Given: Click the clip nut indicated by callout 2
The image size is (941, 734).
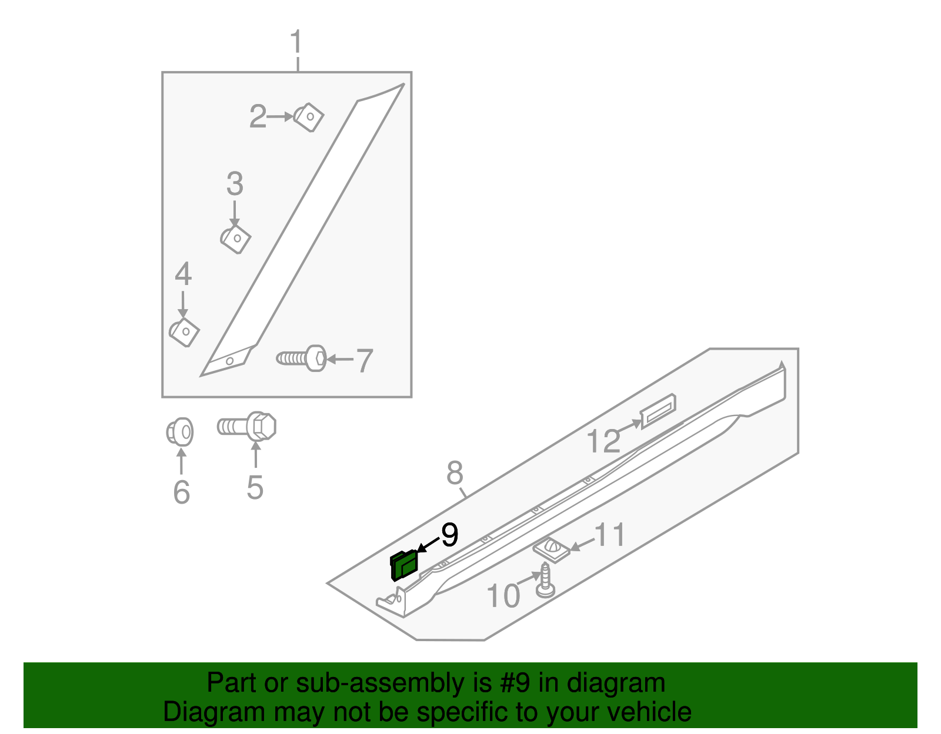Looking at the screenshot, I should pos(309,117).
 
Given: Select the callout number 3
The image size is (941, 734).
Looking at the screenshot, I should pos(235,185).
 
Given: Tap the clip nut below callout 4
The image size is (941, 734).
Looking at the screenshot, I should pos(185,332).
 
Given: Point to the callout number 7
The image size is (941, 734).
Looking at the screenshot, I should pos(365,360).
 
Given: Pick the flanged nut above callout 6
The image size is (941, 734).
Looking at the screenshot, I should pos(180,433).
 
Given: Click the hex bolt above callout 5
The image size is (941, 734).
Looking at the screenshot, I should pos(248,426).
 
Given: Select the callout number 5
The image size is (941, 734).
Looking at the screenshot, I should pos(255,487).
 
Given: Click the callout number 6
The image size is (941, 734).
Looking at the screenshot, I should pos(181,492).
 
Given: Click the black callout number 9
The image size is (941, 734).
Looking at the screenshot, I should pos(449,535).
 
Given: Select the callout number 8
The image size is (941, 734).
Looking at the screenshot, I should pos(455,472).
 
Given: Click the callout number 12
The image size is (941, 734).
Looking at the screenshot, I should pos(603,441).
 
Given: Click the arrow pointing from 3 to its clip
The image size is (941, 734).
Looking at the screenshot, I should pos(235,213).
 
